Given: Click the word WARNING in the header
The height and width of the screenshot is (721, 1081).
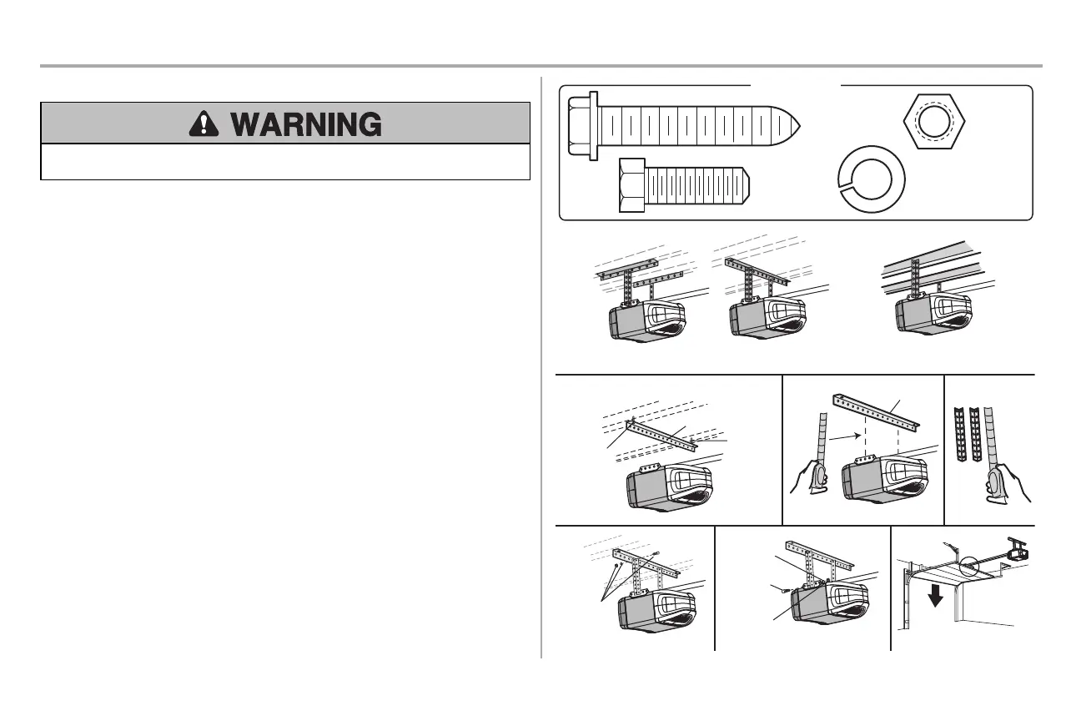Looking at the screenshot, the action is pyautogui.click(x=306, y=124).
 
